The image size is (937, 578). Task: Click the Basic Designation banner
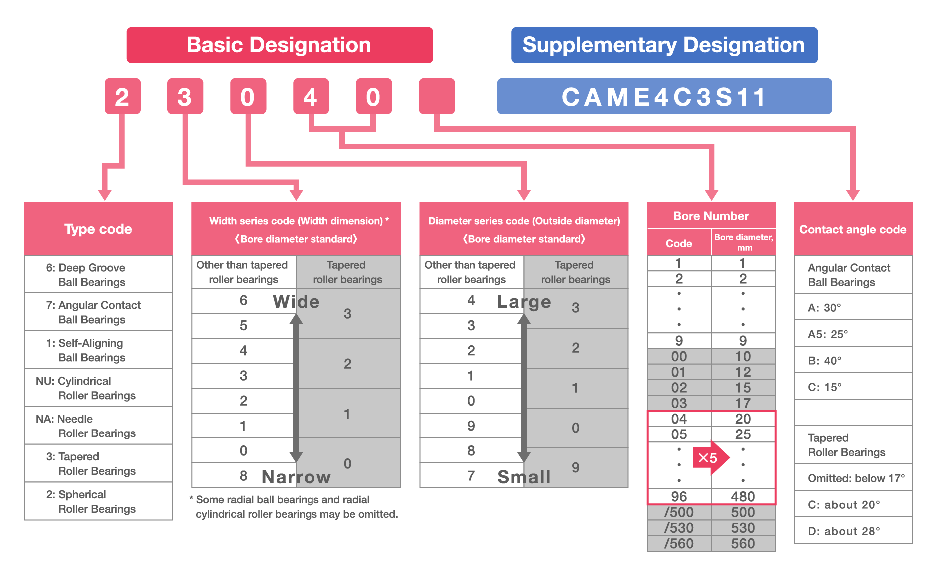(x=279, y=45)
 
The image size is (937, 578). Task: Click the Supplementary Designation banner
(x=664, y=45)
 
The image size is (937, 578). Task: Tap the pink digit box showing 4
(x=311, y=96)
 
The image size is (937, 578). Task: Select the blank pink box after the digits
(x=437, y=96)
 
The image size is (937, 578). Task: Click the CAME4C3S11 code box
(x=664, y=97)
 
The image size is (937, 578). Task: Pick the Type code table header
(x=98, y=229)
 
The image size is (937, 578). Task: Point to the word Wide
(x=296, y=302)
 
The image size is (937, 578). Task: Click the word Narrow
(x=296, y=477)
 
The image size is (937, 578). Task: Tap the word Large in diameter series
(x=524, y=302)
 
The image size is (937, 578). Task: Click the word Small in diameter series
(x=524, y=477)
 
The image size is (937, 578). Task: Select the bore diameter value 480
(x=743, y=496)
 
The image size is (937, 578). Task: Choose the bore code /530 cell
(x=679, y=528)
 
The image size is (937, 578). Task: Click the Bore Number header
(x=711, y=216)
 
